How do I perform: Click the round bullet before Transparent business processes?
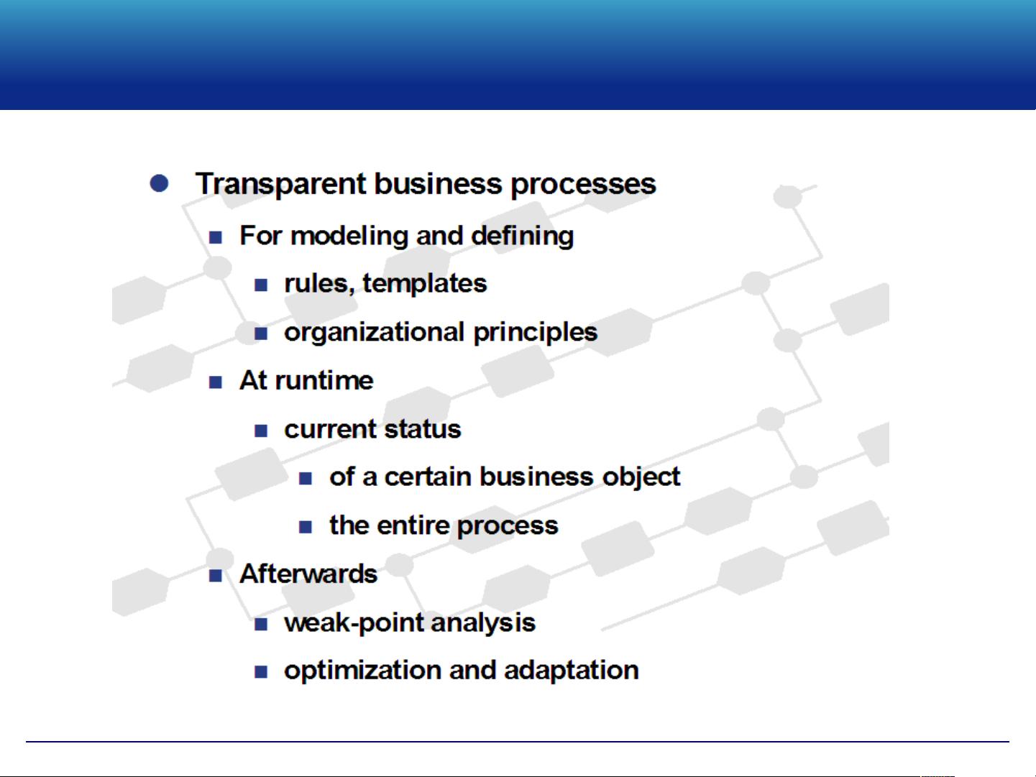click(x=159, y=183)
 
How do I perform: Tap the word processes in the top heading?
click(x=583, y=185)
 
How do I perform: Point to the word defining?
click(x=523, y=236)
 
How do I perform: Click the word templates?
click(x=425, y=284)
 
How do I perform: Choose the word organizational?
click(x=375, y=333)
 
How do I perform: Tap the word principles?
click(x=535, y=333)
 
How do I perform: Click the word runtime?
click(x=324, y=381)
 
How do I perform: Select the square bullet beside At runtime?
click(x=216, y=382)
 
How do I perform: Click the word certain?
click(x=428, y=477)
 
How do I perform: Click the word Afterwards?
click(x=308, y=574)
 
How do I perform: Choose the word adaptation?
click(x=571, y=671)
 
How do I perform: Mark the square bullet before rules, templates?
click(x=261, y=285)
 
